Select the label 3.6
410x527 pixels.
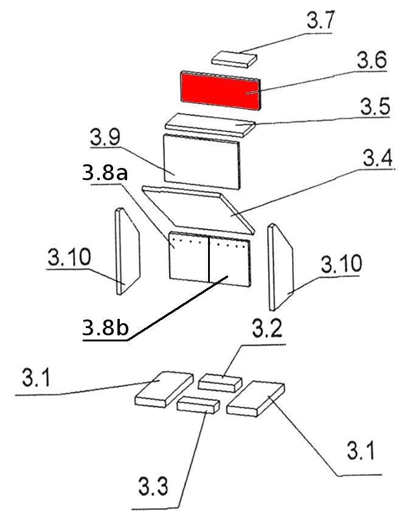coord(372,61)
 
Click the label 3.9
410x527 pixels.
coord(105,138)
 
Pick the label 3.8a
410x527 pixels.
coord(104,173)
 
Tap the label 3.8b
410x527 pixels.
coord(105,329)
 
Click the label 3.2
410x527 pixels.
coord(266,331)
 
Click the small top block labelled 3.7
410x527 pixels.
coord(234,58)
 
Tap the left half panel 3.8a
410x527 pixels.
coord(189,259)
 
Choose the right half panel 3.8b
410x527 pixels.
coord(230,260)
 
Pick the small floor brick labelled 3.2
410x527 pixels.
coord(220,382)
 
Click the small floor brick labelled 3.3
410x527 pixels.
coord(198,403)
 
